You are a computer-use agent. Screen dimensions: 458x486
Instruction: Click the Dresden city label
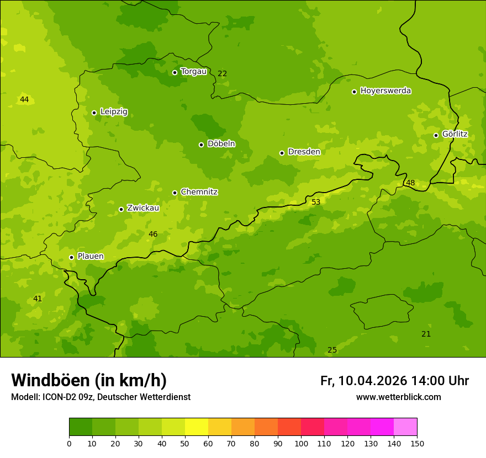point(304,152)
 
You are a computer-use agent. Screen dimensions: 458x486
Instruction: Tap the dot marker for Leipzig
point(94,113)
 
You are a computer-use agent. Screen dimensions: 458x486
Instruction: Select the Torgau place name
point(193,71)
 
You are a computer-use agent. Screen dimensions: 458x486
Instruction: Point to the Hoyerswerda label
point(385,90)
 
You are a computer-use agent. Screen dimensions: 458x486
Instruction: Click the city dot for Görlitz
point(436,135)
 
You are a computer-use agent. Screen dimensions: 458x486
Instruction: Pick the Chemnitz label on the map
point(199,192)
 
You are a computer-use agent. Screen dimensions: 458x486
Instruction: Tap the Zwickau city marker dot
point(121,209)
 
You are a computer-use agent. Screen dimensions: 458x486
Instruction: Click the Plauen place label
point(91,256)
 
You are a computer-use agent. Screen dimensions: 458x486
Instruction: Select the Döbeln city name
point(221,143)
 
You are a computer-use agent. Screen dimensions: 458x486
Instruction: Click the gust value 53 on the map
point(316,202)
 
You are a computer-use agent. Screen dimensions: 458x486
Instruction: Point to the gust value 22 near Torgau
point(222,73)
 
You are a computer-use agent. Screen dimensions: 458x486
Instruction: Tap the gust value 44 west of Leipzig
point(24,99)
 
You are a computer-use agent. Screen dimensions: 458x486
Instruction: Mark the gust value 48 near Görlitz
point(410,183)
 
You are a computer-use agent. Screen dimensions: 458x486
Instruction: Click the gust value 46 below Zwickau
point(153,234)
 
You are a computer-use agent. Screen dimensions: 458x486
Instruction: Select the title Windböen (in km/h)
point(89,380)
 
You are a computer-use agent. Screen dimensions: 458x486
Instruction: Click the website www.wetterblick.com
point(398,397)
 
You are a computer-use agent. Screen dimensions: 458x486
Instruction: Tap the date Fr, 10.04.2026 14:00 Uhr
point(394,381)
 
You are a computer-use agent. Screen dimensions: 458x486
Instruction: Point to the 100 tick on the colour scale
point(301,443)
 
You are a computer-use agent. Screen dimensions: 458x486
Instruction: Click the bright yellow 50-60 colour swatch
point(197,427)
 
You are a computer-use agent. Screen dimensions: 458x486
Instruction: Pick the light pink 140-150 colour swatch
point(405,427)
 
